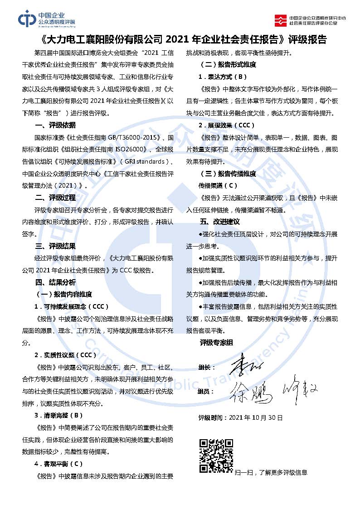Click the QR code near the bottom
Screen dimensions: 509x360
point(216,456)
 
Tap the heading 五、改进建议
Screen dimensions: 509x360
point(220,222)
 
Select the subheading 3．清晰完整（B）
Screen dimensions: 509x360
point(59,415)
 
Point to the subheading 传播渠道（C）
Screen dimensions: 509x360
point(218,185)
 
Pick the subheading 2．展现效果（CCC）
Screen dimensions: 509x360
point(227,125)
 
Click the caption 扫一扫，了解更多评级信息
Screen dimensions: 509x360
point(271,472)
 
